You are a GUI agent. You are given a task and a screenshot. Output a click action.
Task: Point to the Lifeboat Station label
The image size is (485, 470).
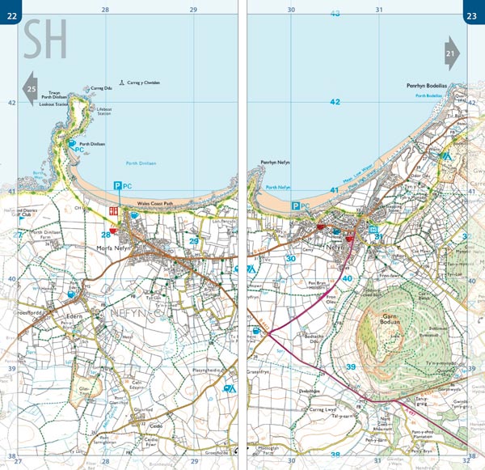tap(103, 110)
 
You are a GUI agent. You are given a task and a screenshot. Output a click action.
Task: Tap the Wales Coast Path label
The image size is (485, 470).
tap(154, 204)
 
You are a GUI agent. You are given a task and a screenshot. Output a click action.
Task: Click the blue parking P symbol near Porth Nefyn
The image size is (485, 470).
tap(295, 205)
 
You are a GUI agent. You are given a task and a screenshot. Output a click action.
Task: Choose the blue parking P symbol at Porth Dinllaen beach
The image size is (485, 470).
tap(117, 186)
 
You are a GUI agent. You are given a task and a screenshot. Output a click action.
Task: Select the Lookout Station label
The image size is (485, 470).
tap(54, 104)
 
